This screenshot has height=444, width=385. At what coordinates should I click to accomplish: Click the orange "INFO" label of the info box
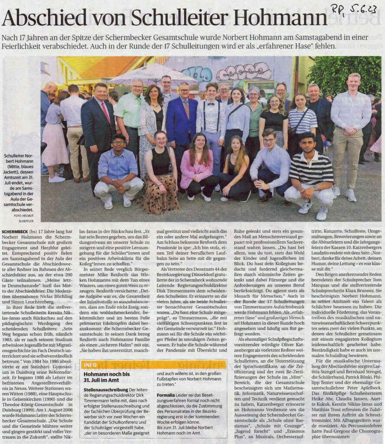(x=91, y=365)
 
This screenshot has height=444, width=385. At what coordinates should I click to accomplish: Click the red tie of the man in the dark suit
(x=106, y=112)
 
